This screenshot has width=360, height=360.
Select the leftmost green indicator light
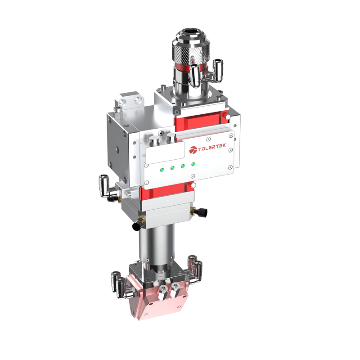tap(161, 169)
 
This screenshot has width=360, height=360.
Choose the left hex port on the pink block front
tap(162, 288)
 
